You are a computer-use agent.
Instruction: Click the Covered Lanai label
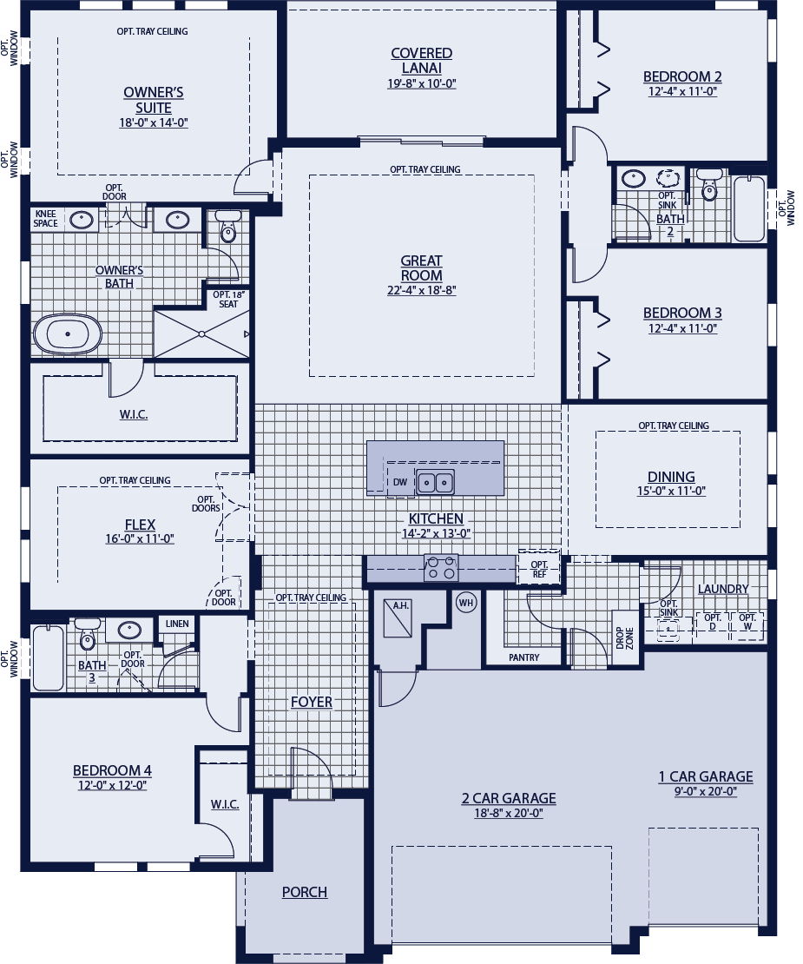tap(422, 61)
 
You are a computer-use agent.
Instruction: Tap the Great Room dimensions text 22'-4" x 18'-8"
tap(422, 290)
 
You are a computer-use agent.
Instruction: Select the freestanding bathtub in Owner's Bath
tap(68, 334)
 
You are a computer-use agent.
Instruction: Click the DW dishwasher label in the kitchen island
tap(400, 482)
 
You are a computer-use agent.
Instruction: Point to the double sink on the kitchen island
tap(435, 482)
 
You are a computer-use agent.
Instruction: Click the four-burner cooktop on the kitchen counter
tap(441, 567)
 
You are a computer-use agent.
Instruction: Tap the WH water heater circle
tap(466, 603)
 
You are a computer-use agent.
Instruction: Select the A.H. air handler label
tap(400, 605)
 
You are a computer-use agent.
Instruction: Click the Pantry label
tap(524, 657)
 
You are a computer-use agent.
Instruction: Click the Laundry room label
tap(723, 589)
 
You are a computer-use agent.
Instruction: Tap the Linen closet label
tap(177, 624)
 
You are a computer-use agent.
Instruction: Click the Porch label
tap(305, 891)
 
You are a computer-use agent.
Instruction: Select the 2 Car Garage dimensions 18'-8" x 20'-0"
tap(509, 814)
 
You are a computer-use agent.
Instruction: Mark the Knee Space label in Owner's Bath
tap(45, 219)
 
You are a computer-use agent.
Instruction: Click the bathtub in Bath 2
tap(749, 209)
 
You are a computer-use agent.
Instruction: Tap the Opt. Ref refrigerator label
tap(539, 569)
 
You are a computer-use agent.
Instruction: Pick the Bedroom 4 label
tap(113, 770)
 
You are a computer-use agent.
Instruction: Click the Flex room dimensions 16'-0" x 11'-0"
tap(140, 539)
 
